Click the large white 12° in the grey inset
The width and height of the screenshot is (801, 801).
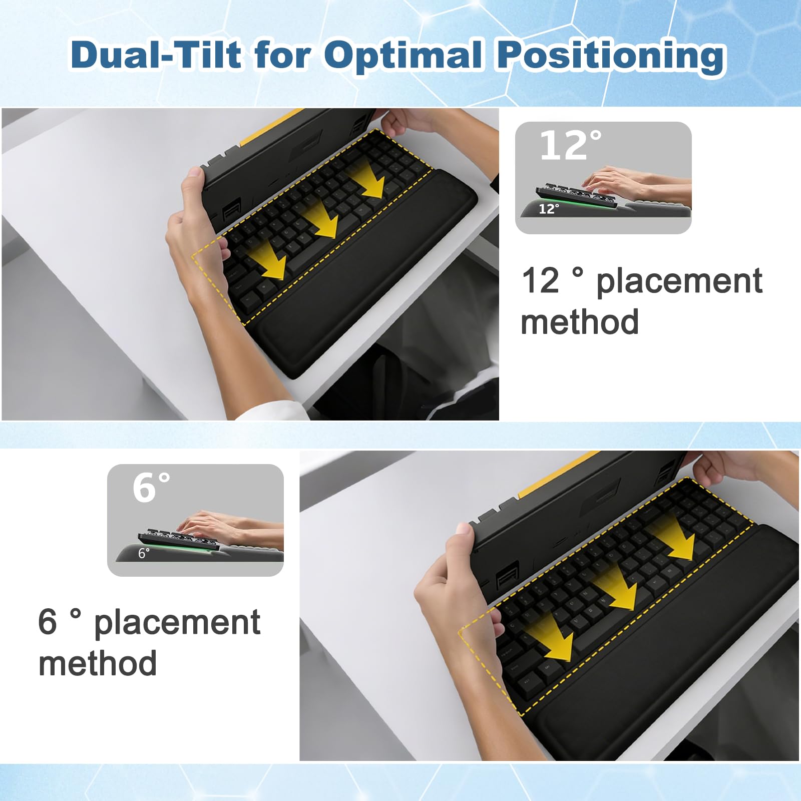[570, 145]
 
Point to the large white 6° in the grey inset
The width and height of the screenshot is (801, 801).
[151, 487]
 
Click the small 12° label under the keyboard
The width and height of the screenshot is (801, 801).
[549, 209]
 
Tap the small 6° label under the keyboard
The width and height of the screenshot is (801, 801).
[144, 553]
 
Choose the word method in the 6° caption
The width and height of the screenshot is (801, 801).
[98, 663]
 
